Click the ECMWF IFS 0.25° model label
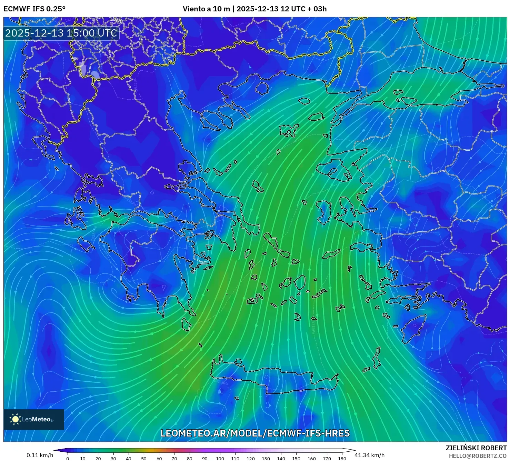(x=34, y=9)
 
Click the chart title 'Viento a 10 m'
(x=206, y=9)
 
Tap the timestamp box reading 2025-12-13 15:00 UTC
(x=61, y=33)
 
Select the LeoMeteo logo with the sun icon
(x=34, y=419)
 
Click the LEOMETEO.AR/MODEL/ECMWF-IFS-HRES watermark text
(x=255, y=433)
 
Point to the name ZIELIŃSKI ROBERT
(x=476, y=448)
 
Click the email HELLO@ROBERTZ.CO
(x=478, y=456)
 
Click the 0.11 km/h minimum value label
(x=40, y=455)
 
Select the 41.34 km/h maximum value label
(x=369, y=455)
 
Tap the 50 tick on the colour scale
(x=144, y=459)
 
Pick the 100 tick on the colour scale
(x=220, y=459)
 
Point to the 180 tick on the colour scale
(x=342, y=459)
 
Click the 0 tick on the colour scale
(x=68, y=459)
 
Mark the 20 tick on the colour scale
(x=98, y=459)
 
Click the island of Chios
(x=323, y=212)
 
